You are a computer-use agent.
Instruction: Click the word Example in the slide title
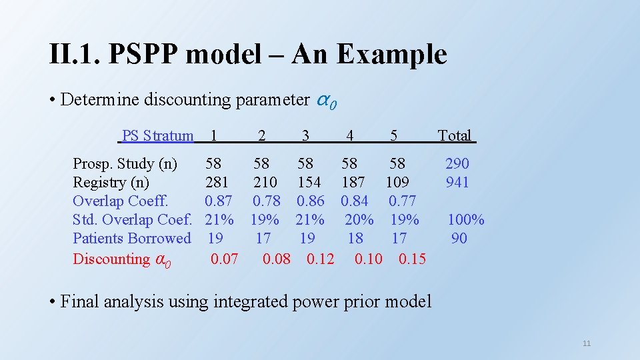tap(391, 55)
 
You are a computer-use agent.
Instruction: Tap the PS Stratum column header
tap(157, 136)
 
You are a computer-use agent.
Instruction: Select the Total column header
tap(455, 136)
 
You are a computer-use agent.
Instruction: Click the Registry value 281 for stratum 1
tap(217, 182)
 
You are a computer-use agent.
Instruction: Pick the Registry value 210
tap(265, 182)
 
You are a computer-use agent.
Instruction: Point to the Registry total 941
tap(457, 182)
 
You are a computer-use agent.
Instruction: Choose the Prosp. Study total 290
tap(457, 163)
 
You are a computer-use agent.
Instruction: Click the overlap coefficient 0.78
tap(267, 201)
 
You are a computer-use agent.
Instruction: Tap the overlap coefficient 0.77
tap(402, 201)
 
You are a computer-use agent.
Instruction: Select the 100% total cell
tap(466, 219)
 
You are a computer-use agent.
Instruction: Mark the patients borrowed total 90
tap(459, 238)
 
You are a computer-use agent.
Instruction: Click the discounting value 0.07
tap(224, 259)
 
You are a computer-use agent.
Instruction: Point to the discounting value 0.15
tap(412, 259)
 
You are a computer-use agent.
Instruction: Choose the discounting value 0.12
tap(321, 259)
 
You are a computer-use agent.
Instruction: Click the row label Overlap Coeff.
tap(121, 201)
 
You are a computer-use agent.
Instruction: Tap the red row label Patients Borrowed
tap(132, 238)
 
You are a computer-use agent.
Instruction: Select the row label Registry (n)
tap(111, 182)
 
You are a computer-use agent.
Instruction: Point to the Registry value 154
tap(309, 182)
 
